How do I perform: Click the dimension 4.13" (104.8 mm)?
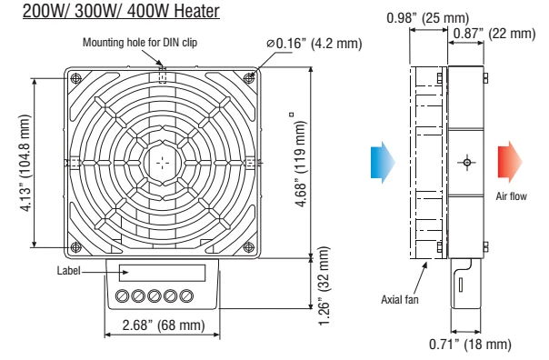pyautogui.click(x=16, y=163)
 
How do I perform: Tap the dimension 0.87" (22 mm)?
pyautogui.click(x=500, y=34)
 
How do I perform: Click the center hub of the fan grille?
pyautogui.click(x=161, y=161)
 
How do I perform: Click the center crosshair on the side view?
pyautogui.click(x=467, y=162)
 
